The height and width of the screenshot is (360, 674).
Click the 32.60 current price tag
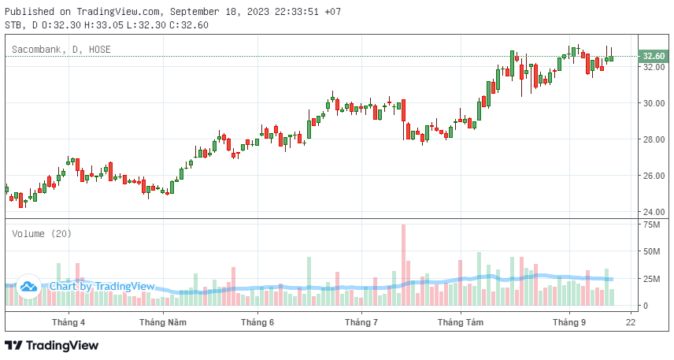click(x=654, y=57)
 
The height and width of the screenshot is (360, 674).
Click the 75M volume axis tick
click(x=651, y=225)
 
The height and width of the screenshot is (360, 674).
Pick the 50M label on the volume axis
click(x=651, y=252)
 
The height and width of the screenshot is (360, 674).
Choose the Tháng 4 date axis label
click(x=69, y=322)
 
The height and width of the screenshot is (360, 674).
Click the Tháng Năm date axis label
click(x=163, y=322)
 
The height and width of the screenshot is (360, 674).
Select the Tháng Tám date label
click(x=461, y=322)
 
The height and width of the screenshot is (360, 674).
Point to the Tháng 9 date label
click(x=569, y=322)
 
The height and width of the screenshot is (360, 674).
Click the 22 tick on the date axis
click(x=631, y=322)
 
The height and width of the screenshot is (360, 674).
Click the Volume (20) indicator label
click(x=41, y=234)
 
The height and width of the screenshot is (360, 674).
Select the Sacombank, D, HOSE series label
click(x=61, y=50)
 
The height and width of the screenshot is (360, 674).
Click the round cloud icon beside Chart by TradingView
click(x=29, y=287)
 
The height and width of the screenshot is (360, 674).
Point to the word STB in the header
click(x=13, y=25)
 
